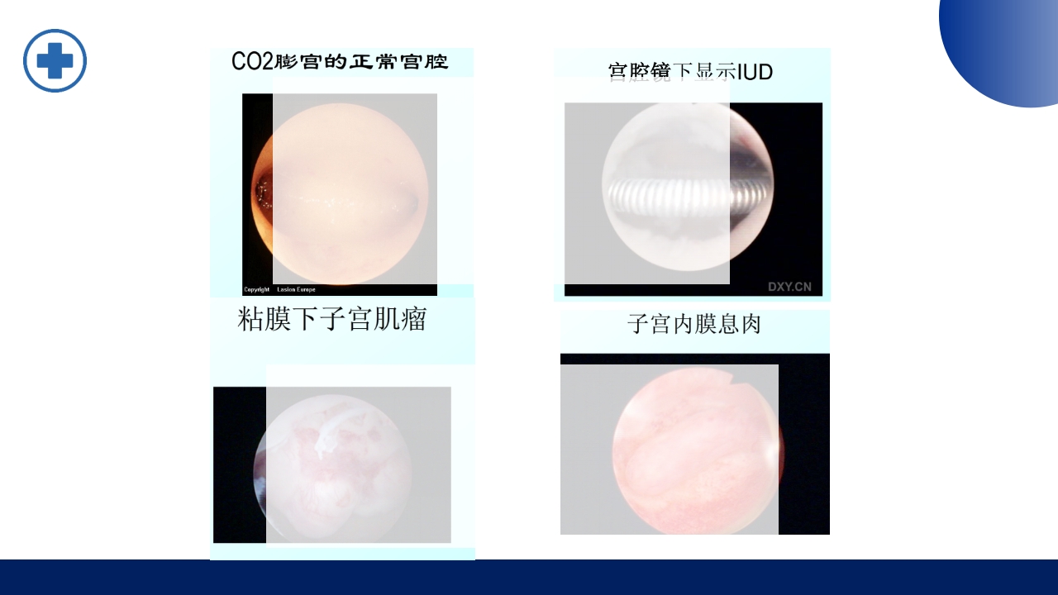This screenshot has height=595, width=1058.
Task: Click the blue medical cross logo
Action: click(x=55, y=60)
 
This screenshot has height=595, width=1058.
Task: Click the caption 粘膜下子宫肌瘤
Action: click(x=331, y=319)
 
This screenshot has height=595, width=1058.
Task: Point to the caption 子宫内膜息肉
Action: click(x=694, y=324)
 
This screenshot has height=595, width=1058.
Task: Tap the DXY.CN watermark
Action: click(x=789, y=287)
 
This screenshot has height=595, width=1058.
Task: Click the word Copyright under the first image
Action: click(x=257, y=290)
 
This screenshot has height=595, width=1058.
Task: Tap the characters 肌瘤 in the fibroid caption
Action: click(x=406, y=319)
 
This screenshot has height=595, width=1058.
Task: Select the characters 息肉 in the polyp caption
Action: click(x=740, y=324)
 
